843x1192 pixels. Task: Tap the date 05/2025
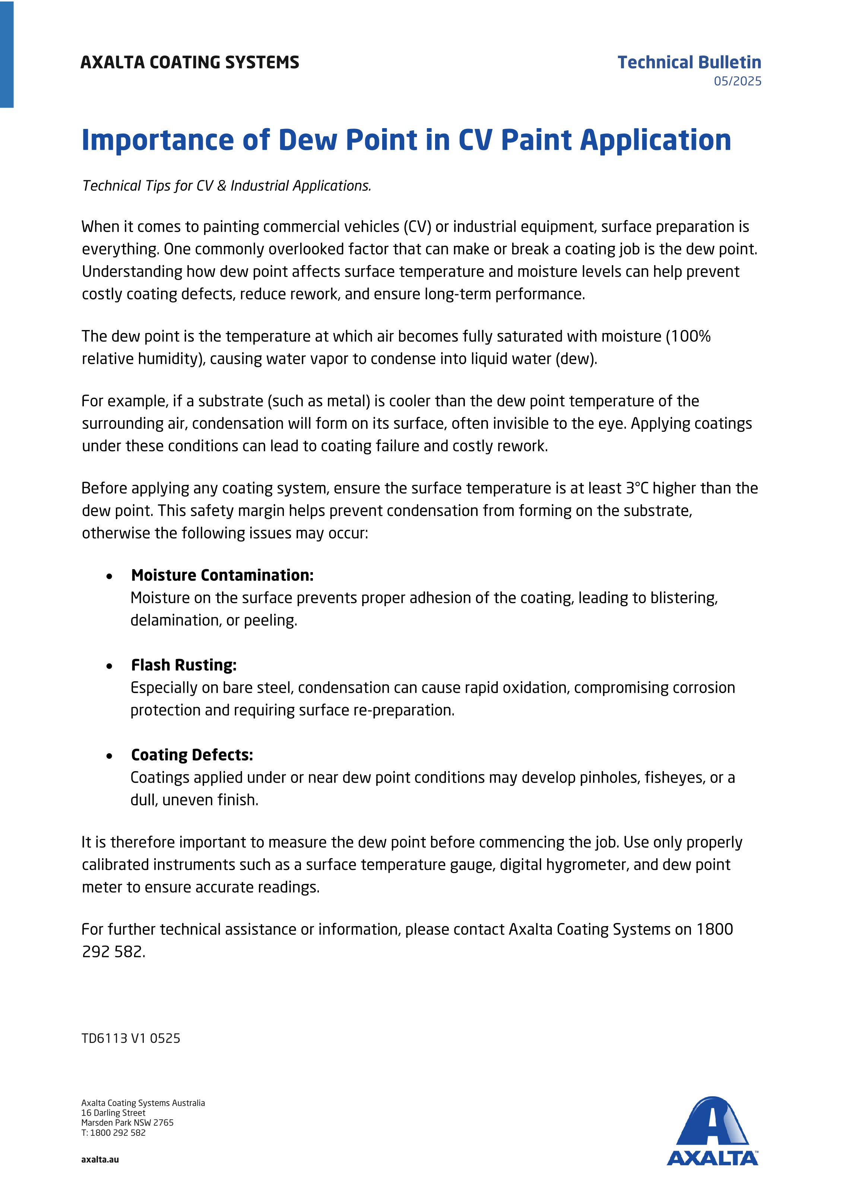(737, 82)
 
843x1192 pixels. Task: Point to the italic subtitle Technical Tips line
(226, 186)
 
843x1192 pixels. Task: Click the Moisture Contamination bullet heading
(222, 575)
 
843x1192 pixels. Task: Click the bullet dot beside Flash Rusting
(109, 666)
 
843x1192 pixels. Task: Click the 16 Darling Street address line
(113, 1113)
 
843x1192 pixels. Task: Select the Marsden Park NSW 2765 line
(127, 1122)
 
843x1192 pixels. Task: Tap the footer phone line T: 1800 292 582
(113, 1132)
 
